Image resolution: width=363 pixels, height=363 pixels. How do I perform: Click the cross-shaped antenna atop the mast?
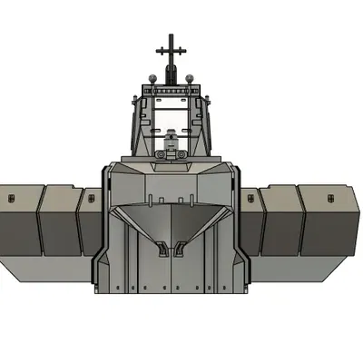click(170, 47)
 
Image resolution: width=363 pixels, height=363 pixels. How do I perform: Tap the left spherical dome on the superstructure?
click(153, 79)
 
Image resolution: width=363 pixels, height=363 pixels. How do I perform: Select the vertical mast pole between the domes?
click(171, 73)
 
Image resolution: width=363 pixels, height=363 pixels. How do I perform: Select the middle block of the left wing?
click(60, 222)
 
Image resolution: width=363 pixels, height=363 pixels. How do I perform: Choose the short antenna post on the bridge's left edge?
click(136, 104)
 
